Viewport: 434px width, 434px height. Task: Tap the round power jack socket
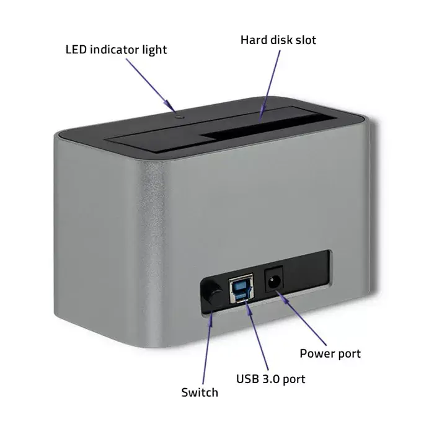click(274, 279)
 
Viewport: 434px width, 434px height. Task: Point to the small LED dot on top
click(179, 117)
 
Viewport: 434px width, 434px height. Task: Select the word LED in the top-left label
click(76, 50)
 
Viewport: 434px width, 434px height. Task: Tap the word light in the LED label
click(154, 50)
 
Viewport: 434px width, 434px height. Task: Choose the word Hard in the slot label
click(254, 40)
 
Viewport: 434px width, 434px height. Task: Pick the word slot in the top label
click(306, 40)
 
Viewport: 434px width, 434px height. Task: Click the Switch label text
click(200, 392)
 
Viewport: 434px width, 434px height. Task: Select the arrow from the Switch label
click(208, 348)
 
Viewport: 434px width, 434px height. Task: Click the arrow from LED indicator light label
click(151, 86)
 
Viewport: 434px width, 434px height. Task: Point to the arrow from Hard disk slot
click(270, 86)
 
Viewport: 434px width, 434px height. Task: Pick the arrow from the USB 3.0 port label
click(257, 336)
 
